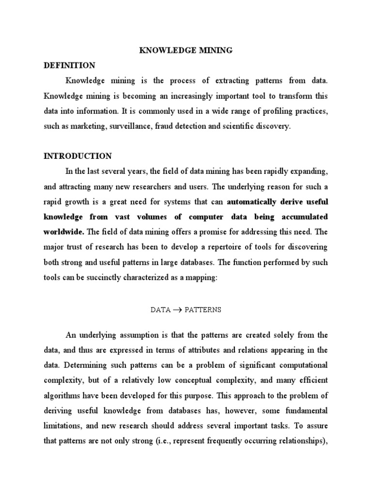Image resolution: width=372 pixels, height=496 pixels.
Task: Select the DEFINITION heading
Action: click(x=69, y=65)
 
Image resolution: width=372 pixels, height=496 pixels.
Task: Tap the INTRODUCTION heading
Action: click(x=77, y=156)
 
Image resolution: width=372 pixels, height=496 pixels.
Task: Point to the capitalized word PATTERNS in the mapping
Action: click(x=202, y=310)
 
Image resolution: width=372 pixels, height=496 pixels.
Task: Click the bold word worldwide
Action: click(x=62, y=232)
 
